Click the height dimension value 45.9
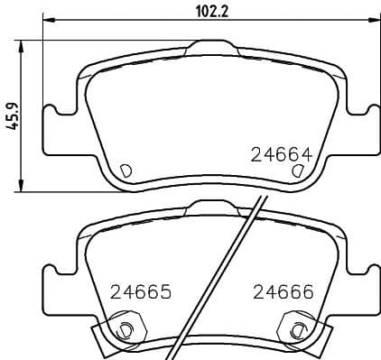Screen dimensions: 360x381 [x=13, y=116]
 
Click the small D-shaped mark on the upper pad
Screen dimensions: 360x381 [x=125, y=169]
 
